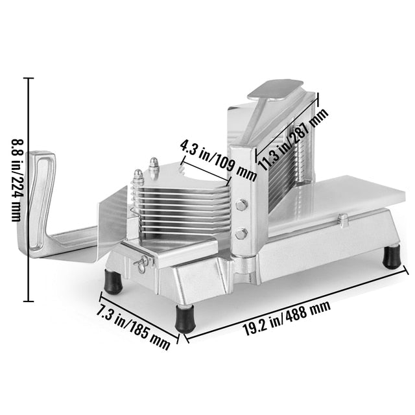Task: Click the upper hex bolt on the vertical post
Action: [241, 205]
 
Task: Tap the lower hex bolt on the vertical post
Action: [241, 233]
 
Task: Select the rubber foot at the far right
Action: [391, 257]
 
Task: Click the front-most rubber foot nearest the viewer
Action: [185, 319]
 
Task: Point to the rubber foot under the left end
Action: [114, 281]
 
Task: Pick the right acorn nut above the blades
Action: [155, 165]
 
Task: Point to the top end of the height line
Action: [29, 78]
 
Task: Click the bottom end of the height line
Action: [29, 301]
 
